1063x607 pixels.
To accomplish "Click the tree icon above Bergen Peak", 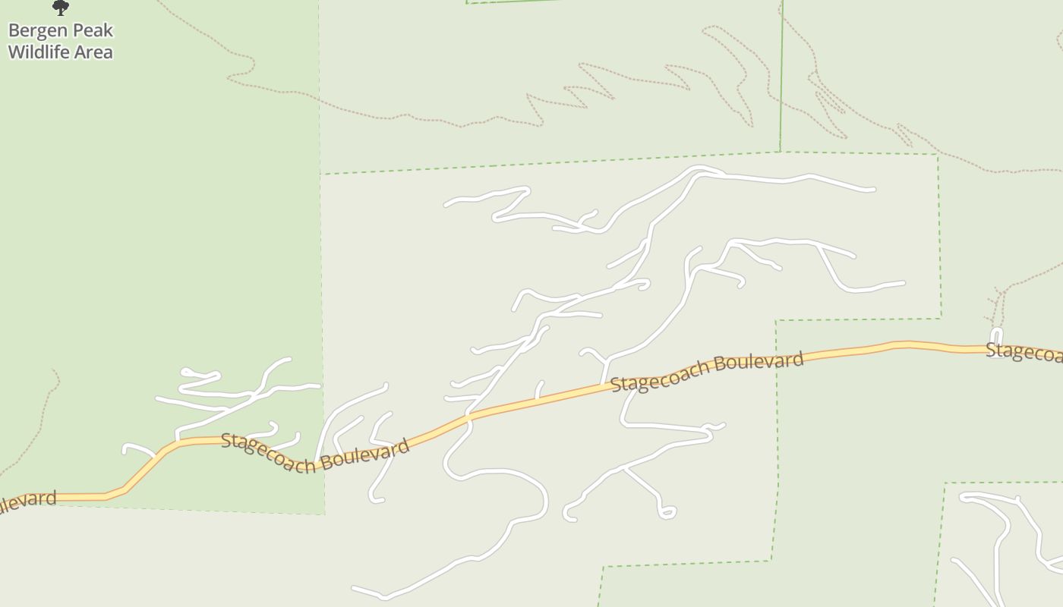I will coord(61,8).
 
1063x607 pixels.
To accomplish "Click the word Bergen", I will coord(38,31).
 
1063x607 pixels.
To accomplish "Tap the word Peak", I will coord(93,31).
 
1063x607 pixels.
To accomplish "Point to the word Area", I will coord(94,52).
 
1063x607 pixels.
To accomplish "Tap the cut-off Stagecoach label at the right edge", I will coord(1024,351).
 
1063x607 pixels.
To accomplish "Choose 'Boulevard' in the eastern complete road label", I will coord(759,362).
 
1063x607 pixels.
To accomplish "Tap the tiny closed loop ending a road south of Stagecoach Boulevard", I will coord(667,513).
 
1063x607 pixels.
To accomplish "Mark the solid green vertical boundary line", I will coord(781,76).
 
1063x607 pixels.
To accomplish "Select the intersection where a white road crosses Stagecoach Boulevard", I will coord(468,416).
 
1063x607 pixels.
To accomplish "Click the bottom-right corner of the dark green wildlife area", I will coord(324,514).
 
